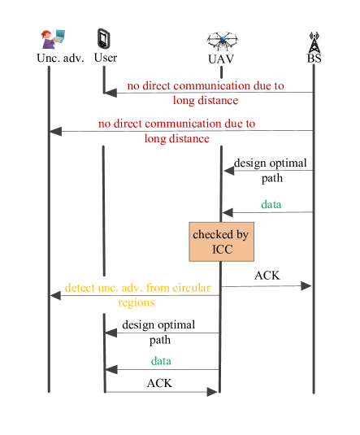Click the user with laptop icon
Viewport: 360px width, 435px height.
coord(51,38)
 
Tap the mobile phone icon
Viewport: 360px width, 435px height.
coord(103,39)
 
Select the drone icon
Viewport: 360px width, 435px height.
coord(222,40)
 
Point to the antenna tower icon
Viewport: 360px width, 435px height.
coord(314,43)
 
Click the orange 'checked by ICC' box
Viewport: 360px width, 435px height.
coord(221,241)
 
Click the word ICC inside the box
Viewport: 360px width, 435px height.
coord(222,249)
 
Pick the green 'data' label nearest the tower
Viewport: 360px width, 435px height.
coord(271,204)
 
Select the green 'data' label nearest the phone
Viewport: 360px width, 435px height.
coord(162,360)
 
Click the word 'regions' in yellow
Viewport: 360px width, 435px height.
coord(136,302)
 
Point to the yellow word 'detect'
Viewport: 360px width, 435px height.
coord(80,288)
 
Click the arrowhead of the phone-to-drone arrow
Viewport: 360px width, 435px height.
coord(214,392)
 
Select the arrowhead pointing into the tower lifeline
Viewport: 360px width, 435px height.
coord(307,285)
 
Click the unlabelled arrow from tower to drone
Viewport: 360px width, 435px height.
coord(268,170)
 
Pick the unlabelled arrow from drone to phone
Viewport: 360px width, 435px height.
coord(163,333)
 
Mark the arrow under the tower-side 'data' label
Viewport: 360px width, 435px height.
coord(268,213)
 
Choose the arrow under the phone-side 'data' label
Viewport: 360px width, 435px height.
coord(163,370)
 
